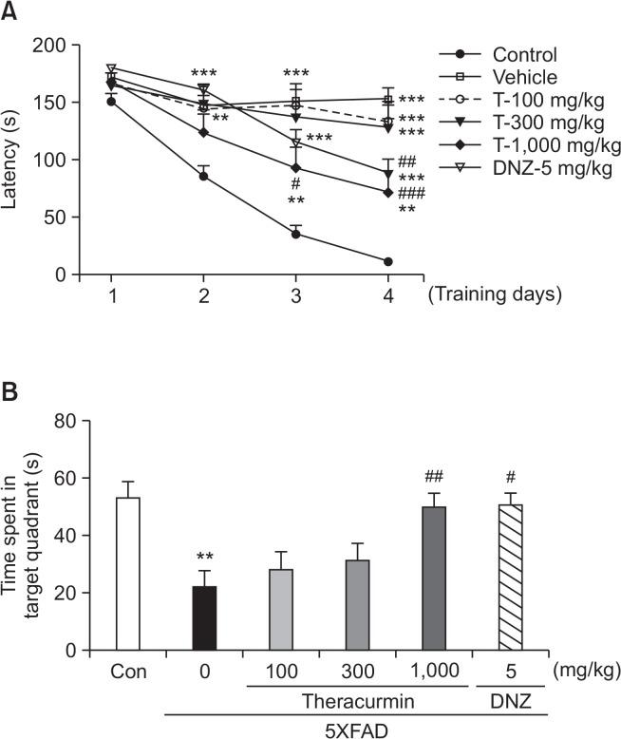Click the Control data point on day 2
pos(203,176)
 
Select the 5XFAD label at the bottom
pos(357,729)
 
